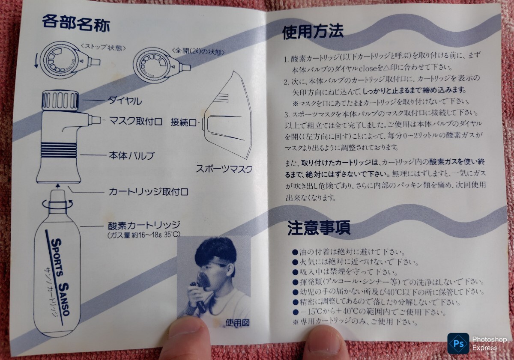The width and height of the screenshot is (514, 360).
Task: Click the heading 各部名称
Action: pyautogui.click(x=76, y=24)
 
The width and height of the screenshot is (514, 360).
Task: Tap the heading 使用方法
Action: pyautogui.click(x=313, y=32)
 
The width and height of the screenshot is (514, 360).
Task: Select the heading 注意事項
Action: pyautogui.click(x=319, y=228)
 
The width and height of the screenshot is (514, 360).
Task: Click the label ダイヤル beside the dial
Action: pyautogui.click(x=125, y=101)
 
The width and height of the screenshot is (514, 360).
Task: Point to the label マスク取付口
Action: pyautogui.click(x=135, y=121)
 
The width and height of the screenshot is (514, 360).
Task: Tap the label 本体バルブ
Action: pyautogui.click(x=131, y=155)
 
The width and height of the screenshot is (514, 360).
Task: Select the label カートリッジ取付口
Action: pyautogui.click(x=148, y=192)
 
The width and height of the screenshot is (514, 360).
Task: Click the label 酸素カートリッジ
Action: pyautogui.click(x=144, y=225)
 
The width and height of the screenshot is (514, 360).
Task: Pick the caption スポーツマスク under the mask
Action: pyautogui.click(x=224, y=169)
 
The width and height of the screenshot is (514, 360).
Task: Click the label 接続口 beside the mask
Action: pyautogui.click(x=183, y=122)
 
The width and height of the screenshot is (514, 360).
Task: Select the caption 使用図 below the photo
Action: pyautogui.click(x=237, y=323)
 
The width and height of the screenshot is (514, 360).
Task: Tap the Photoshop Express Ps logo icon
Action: pyautogui.click(x=458, y=343)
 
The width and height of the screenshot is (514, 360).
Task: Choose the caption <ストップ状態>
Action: pyautogui.click(x=104, y=48)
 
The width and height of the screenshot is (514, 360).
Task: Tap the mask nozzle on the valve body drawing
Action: pyautogui.click(x=95, y=120)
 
